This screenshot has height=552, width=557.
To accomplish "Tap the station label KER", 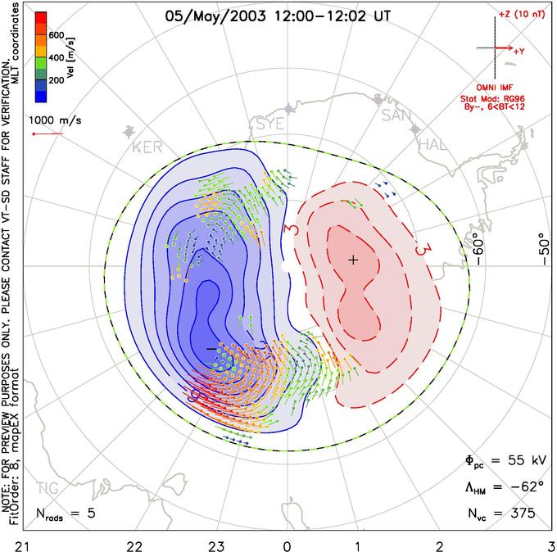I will (147, 147).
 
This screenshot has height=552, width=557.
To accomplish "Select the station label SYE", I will (270, 124).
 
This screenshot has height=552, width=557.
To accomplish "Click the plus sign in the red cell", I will (352, 260).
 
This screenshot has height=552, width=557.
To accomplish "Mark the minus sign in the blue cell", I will (211, 348).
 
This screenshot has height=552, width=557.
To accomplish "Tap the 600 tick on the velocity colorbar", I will (56, 35).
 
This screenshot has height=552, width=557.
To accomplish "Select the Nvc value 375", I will (522, 514).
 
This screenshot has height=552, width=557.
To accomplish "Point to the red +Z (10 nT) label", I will (516, 15).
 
